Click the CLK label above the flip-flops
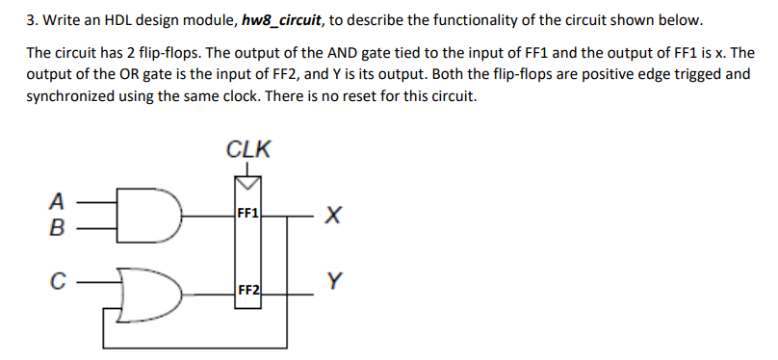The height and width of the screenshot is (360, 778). [x=248, y=149]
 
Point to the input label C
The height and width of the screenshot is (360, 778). [x=59, y=283]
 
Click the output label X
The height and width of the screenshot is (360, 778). [x=332, y=218]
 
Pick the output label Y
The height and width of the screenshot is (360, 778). [x=333, y=282]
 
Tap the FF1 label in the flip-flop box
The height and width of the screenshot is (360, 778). [x=247, y=214]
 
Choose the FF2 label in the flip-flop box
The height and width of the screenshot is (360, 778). [x=247, y=289]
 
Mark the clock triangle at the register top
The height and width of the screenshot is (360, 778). [x=247, y=183]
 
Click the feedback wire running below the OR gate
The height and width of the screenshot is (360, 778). [x=193, y=346]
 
